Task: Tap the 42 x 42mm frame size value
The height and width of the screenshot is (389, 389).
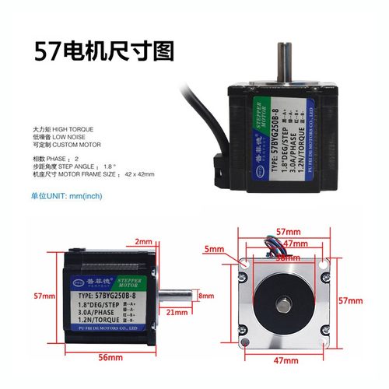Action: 139,174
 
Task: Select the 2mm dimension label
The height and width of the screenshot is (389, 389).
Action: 143,242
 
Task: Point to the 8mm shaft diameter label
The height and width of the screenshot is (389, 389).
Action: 205,296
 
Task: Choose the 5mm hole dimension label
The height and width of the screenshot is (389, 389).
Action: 216,249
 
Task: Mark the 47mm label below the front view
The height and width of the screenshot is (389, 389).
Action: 286,360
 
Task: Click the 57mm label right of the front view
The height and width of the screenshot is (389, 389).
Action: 352,300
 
